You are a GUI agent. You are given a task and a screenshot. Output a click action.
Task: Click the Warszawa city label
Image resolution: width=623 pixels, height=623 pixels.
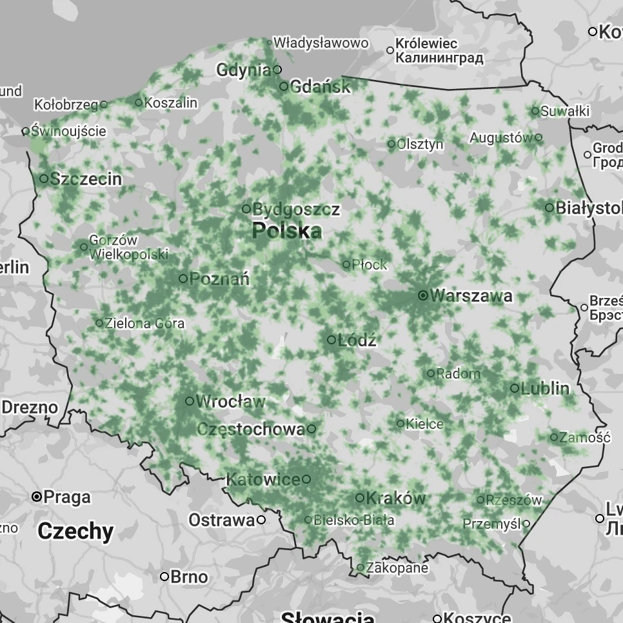coord(471,296)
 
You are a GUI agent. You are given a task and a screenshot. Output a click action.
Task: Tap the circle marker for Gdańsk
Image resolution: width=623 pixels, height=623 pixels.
coord(284,86)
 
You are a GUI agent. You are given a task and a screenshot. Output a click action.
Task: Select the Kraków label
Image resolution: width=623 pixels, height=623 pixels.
coord(396,499)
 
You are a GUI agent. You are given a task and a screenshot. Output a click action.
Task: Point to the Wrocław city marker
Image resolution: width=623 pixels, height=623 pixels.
coord(190,401)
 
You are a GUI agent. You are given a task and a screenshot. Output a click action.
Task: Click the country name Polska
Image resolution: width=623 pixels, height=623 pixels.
coord(287,231)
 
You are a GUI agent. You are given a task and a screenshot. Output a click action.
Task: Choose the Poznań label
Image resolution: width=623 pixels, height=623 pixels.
coord(219,279)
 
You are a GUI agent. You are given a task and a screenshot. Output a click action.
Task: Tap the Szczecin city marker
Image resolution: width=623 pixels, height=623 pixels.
coord(44,179)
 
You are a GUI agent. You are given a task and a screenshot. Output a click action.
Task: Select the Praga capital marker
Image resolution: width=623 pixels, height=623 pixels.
coord(37,497)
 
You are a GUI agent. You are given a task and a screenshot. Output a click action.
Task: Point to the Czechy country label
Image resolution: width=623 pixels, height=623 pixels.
coord(75,531)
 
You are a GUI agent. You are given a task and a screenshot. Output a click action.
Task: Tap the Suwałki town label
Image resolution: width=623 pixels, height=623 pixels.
coord(565,112)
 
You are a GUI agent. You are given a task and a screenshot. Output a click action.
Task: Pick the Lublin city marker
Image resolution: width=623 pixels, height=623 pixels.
coord(515,388)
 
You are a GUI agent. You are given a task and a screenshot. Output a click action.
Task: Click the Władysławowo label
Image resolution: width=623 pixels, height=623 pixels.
coord(321,43)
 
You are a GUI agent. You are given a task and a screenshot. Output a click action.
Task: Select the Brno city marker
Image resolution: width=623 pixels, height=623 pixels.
coord(164,576)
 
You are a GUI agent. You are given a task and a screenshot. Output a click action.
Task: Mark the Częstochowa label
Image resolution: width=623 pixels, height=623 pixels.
coord(251,430)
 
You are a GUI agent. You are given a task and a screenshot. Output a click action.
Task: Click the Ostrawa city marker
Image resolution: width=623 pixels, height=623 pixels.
coord(261,520)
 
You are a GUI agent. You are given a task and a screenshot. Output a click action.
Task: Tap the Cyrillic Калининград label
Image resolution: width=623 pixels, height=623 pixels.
coord(439,58)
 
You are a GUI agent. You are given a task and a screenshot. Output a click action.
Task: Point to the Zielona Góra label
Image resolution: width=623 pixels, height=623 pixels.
coord(144,323)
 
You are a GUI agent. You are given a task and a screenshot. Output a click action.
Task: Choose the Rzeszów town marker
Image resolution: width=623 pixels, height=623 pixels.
coord(480,500)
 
